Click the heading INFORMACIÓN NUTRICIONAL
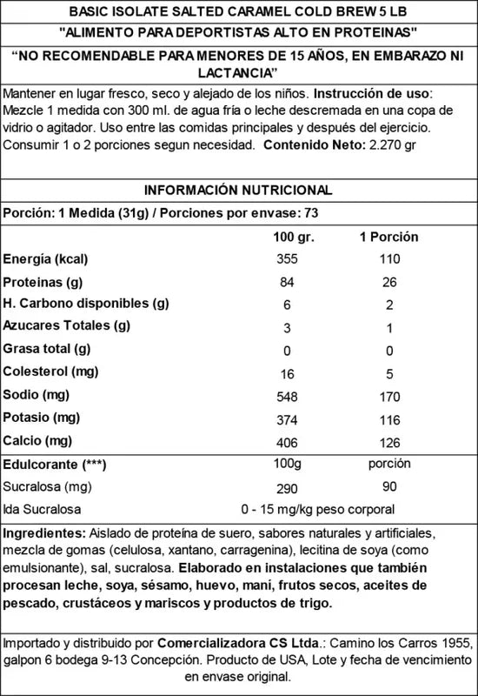click(237, 191)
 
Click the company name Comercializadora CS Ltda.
click(230, 645)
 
